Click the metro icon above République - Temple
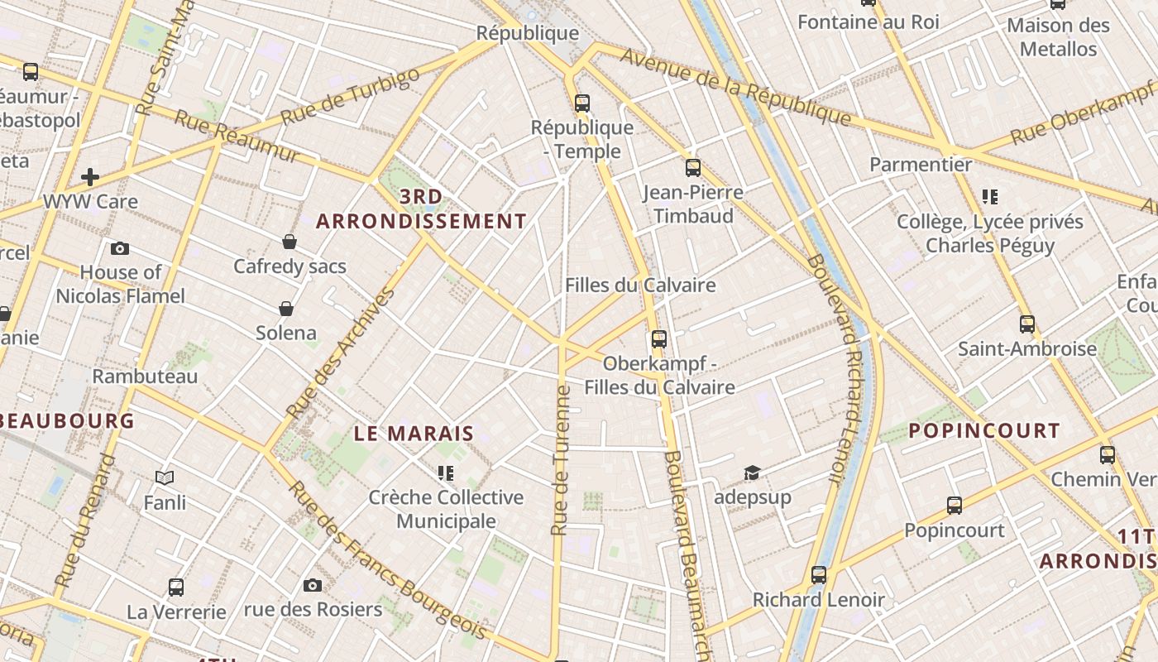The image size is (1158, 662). (x=582, y=103)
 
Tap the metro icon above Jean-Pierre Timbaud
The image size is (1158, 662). (x=693, y=168)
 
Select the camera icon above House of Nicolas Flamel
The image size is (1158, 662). (x=120, y=248)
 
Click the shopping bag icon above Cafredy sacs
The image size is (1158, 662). (x=289, y=242)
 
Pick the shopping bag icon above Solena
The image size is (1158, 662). (x=286, y=309)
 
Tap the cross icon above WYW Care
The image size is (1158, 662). (x=90, y=177)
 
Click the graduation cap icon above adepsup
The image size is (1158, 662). (x=752, y=473)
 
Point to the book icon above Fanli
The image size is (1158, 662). (x=165, y=477)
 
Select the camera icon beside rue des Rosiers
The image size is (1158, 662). (x=313, y=585)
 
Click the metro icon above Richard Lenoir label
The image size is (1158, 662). (x=819, y=574)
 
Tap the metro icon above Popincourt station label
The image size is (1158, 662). (x=955, y=505)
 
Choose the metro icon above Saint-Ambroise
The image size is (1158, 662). (x=1027, y=324)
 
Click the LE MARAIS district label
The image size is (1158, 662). (x=414, y=433)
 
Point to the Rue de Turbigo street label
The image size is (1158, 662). (x=351, y=97)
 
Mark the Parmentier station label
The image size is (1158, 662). (x=921, y=165)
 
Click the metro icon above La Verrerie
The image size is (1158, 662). (x=176, y=588)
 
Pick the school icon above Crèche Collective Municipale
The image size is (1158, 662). (x=446, y=473)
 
